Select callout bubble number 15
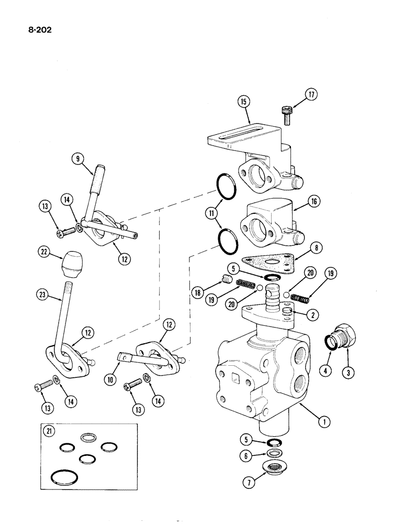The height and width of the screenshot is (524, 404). coord(243,101)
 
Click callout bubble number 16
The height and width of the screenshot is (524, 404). coord(315,201)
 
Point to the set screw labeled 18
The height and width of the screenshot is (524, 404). coord(226,279)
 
